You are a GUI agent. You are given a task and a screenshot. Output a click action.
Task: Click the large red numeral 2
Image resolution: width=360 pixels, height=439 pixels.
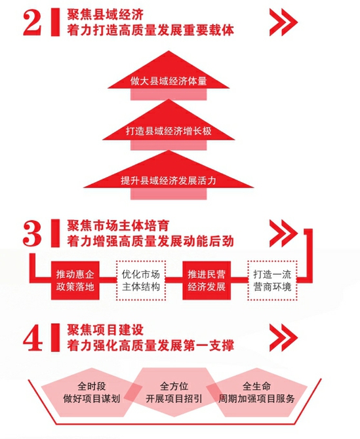pyautogui.click(x=32, y=22)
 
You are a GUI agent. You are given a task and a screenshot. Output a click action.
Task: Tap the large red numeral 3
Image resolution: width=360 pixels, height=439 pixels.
pyautogui.click(x=32, y=233)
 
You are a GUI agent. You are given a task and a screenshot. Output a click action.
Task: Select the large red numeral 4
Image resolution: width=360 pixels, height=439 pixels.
pyautogui.click(x=33, y=337)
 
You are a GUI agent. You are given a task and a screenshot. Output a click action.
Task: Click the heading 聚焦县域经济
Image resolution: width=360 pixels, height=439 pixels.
pyautogui.click(x=105, y=14)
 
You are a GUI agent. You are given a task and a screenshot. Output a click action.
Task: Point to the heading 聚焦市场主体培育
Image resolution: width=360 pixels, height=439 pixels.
pyautogui.click(x=118, y=225)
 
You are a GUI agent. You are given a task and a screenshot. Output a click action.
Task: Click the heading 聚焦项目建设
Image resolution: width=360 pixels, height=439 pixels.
pyautogui.click(x=105, y=330)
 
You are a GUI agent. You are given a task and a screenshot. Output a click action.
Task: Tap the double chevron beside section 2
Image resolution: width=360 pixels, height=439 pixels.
pyautogui.click(x=283, y=22)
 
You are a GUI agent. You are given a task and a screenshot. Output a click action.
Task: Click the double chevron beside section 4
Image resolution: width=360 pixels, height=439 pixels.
pyautogui.click(x=283, y=337)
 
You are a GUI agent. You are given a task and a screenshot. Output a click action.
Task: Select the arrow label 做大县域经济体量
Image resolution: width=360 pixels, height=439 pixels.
pyautogui.click(x=169, y=81)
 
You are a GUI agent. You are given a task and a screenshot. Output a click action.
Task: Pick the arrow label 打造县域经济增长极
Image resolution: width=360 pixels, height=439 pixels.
pyautogui.click(x=169, y=131)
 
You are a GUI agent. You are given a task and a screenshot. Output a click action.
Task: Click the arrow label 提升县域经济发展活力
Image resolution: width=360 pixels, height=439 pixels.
pyautogui.click(x=169, y=181)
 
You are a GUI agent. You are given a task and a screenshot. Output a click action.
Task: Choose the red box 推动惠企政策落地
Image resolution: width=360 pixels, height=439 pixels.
pyautogui.click(x=75, y=280)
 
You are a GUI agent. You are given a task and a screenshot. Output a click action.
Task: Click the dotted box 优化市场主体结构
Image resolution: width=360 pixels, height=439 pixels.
pyautogui.click(x=140, y=280)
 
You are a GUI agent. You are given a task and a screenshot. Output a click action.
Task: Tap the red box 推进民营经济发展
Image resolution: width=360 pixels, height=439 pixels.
pyautogui.click(x=207, y=280)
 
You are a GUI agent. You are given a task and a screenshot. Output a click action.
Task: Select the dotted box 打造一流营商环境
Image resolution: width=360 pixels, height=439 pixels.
pyautogui.click(x=272, y=280)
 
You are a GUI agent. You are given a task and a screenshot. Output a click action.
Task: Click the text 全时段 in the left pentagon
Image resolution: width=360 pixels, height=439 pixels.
pyautogui.click(x=92, y=387)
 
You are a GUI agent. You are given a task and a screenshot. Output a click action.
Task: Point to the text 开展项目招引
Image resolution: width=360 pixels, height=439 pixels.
pyautogui.click(x=174, y=398)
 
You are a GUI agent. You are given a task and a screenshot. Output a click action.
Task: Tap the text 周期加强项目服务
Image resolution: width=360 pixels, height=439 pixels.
pyautogui.click(x=256, y=398)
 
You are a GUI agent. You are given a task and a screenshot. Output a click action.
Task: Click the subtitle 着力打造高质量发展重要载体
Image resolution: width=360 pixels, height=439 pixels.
pyautogui.click(x=150, y=30)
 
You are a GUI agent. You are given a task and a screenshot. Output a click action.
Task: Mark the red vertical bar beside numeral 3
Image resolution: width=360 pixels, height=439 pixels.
pyautogui.click(x=55, y=233)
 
